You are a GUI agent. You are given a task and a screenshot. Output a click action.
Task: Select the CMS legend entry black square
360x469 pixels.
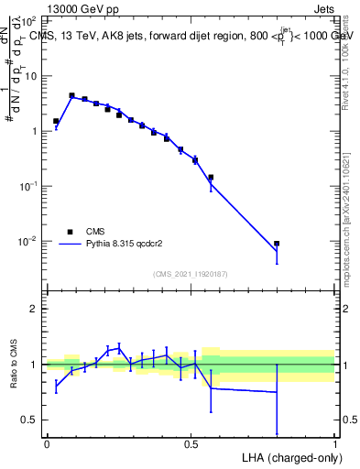coord(69,232)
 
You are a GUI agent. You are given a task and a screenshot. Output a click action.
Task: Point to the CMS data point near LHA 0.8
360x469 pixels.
coord(277,244)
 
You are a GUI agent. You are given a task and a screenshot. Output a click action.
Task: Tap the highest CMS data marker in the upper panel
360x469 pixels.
coord(71,95)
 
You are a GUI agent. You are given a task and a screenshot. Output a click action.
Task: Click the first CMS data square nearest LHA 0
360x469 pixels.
coord(56,121)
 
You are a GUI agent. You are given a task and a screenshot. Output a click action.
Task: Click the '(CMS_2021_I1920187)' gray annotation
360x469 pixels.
coord(191,274)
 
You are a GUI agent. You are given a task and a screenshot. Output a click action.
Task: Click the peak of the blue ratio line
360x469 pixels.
coord(119,347)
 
